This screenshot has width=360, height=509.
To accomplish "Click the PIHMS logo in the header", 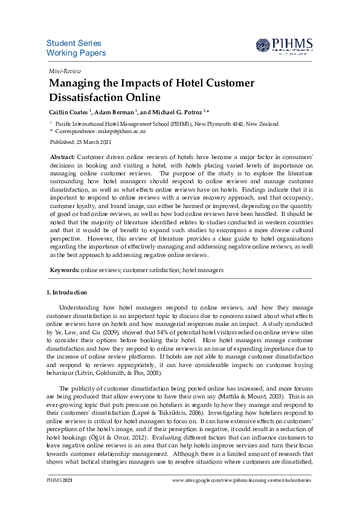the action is [283, 46].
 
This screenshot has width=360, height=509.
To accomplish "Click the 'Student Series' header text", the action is [74, 44].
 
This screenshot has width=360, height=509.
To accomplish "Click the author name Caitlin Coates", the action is [68, 112].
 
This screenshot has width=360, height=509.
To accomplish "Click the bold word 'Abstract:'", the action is [63, 157].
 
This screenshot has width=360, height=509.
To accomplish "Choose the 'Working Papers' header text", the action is [76, 53].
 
